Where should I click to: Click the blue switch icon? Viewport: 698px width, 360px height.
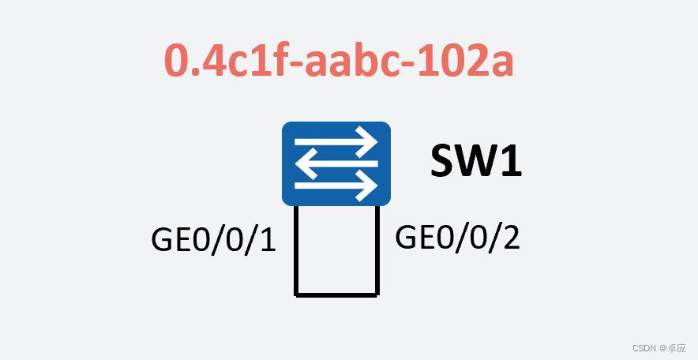(x=336, y=163)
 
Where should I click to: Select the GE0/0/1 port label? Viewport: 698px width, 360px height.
(x=213, y=239)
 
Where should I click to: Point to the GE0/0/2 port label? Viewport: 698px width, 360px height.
(x=457, y=237)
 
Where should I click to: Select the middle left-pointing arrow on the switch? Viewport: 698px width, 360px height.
(x=336, y=164)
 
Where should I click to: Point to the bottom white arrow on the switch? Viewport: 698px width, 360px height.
(x=336, y=186)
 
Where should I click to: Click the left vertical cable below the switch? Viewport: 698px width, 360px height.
(x=297, y=249)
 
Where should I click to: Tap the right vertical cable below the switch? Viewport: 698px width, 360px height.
(x=377, y=249)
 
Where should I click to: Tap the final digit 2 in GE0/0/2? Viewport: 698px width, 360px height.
(x=510, y=237)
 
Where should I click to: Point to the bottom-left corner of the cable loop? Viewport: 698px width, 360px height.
(x=297, y=294)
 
